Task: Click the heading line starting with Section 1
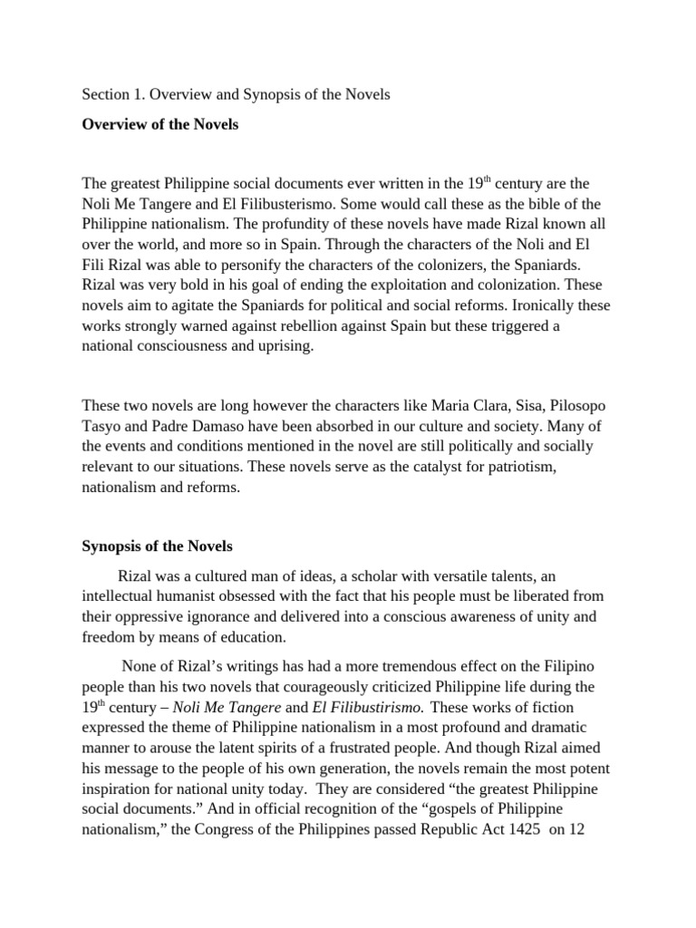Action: tap(236, 94)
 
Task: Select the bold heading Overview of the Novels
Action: tap(160, 125)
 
